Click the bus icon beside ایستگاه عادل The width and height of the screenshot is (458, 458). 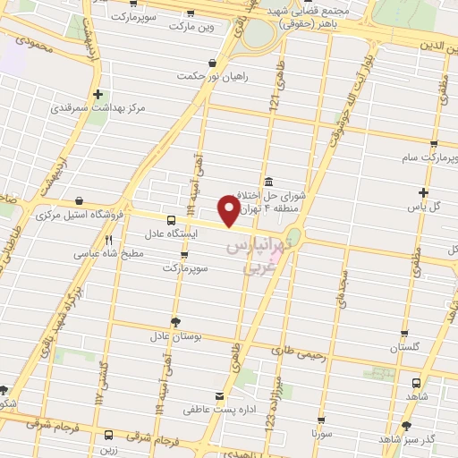(172, 219)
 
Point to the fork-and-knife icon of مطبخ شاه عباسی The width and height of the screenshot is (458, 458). (109, 240)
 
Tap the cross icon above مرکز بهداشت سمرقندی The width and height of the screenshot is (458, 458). (97, 94)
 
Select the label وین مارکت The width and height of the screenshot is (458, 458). (194, 27)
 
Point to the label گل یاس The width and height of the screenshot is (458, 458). (425, 206)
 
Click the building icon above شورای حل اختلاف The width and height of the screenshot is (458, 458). (269, 180)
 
